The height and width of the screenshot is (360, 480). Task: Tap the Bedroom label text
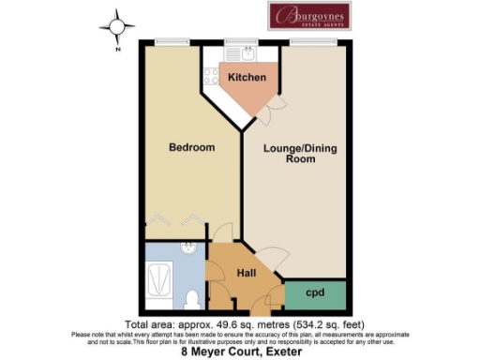[x=191, y=147]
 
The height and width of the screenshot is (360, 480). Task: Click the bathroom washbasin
[x=188, y=251]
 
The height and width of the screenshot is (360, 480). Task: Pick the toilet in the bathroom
[x=191, y=299]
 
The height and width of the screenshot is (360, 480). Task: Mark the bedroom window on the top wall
[x=169, y=39]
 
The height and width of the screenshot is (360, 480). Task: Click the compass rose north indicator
[x=118, y=29]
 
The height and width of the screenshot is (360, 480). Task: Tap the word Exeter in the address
[x=279, y=352]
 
